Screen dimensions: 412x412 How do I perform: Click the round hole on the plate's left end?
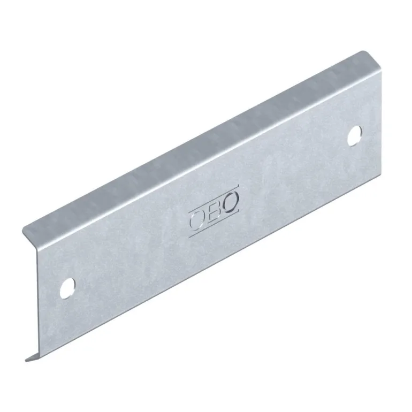(x=67, y=288)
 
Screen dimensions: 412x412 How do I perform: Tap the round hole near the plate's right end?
(x=354, y=136)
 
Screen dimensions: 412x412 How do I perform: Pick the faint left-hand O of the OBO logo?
(x=197, y=220)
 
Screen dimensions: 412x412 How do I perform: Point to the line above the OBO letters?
(x=214, y=197)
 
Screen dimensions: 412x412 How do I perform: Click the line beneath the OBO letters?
(x=214, y=224)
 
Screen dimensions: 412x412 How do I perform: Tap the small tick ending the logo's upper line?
(x=238, y=187)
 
